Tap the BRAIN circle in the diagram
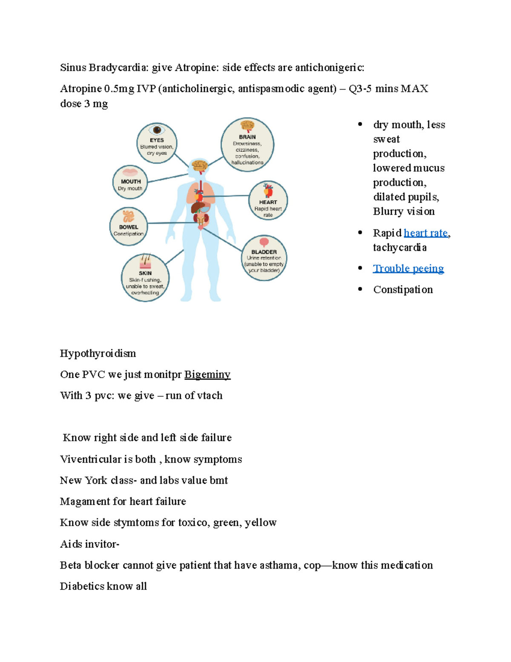pos(247,145)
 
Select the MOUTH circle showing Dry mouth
pos(130,182)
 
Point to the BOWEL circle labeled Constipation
pos(128,227)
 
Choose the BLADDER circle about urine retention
pos(264,258)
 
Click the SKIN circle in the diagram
pos(145,278)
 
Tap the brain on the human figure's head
pos(199,165)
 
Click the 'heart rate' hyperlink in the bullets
pos(425,233)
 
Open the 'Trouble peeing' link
pos(408,268)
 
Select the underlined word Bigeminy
pos(207,374)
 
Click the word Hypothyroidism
pos(98,353)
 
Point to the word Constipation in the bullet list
pos(403,289)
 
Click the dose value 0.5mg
pos(119,89)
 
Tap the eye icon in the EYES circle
pos(157,130)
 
